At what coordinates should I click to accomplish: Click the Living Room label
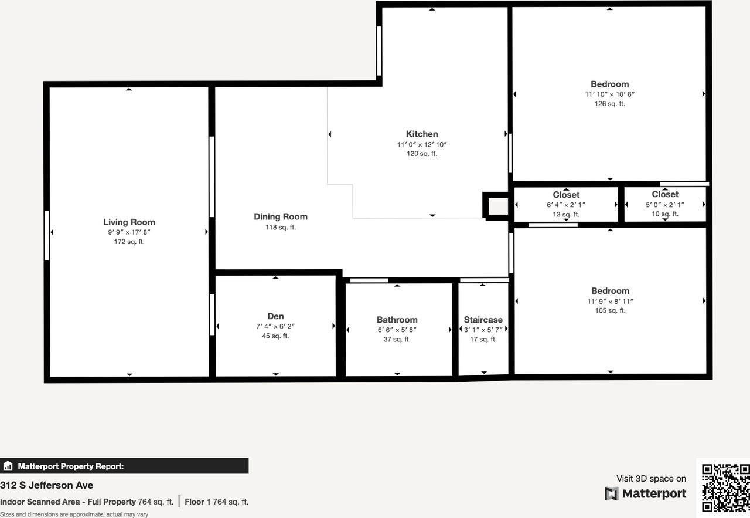(x=129, y=222)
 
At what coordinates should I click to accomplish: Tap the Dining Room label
(x=280, y=216)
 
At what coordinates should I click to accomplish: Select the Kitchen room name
(x=422, y=134)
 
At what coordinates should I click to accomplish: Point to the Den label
(x=275, y=316)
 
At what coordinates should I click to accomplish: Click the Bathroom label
(x=397, y=320)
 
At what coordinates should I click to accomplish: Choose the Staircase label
(x=483, y=320)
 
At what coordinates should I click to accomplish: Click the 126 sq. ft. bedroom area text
(x=609, y=104)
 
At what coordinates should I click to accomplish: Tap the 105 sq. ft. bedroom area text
(x=610, y=310)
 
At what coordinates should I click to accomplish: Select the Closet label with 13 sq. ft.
(x=566, y=195)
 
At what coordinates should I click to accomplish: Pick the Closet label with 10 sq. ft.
(x=665, y=194)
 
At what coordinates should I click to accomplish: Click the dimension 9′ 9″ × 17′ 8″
(x=129, y=232)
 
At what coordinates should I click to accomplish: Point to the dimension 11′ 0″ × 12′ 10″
(x=422, y=144)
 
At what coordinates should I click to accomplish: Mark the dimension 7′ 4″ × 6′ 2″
(x=275, y=326)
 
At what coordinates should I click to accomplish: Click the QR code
(x=725, y=487)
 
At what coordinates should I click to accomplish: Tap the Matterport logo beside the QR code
(x=645, y=494)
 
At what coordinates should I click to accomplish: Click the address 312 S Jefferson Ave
(x=47, y=485)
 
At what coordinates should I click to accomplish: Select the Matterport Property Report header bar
(x=124, y=466)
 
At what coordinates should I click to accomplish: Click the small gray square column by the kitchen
(x=497, y=206)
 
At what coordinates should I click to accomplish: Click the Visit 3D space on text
(x=651, y=479)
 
